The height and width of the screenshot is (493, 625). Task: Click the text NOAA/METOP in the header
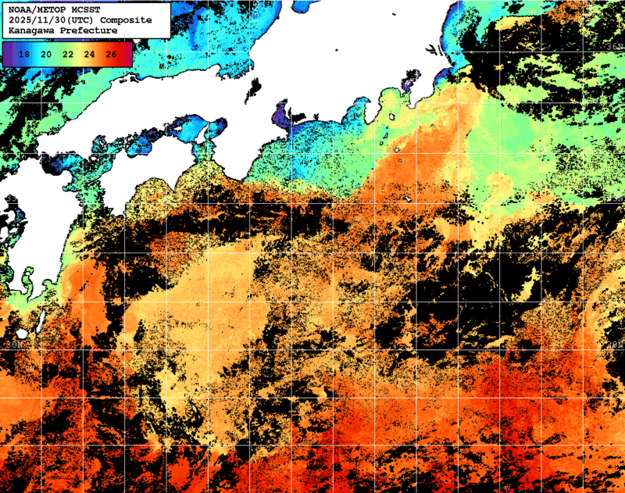pos(36,9)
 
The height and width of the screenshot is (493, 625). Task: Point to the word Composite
pos(126,20)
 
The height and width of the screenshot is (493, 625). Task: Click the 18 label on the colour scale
pos(24,54)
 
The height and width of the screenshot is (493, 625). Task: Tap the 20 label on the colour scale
pos(46,54)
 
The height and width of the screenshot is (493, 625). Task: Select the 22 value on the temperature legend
pos(68,54)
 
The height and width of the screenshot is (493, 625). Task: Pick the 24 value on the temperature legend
pos(90,54)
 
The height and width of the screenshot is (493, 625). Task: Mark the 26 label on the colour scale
pos(111,54)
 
